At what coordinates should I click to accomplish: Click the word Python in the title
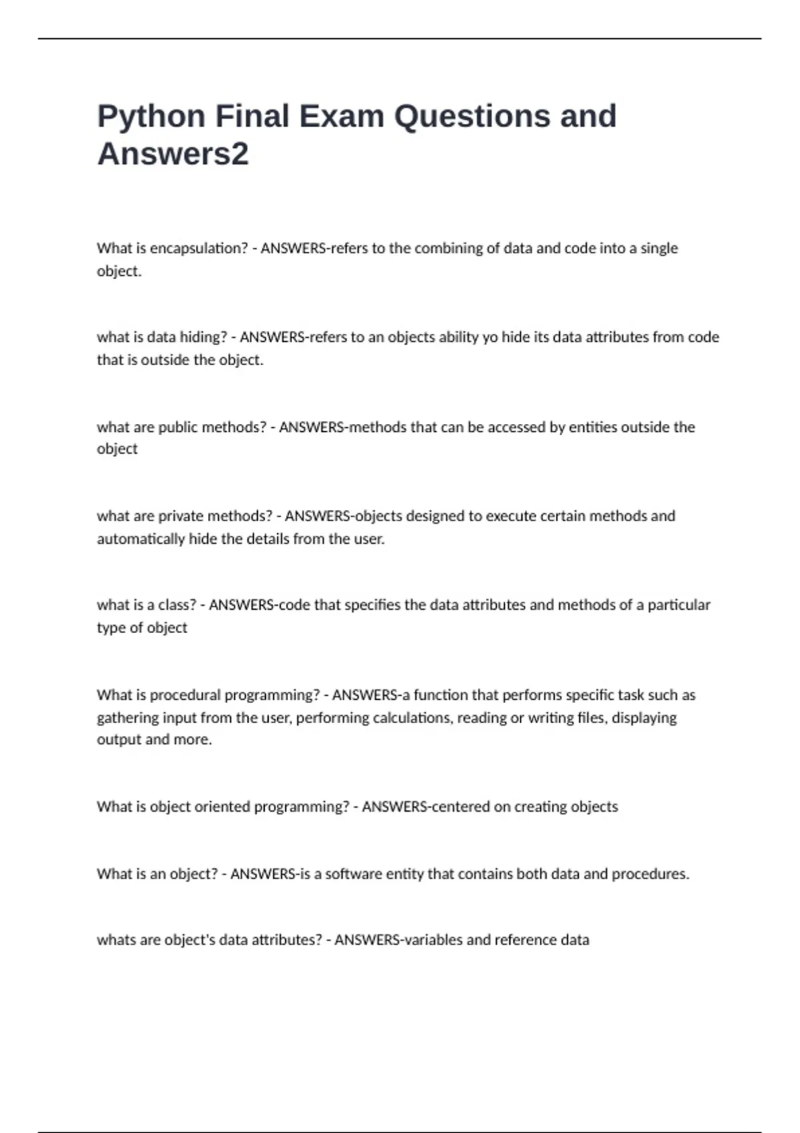tap(151, 117)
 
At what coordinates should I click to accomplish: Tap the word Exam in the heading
tap(341, 116)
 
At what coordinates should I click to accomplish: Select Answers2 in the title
tap(173, 154)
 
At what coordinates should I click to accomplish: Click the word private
tap(180, 516)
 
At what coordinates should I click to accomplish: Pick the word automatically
tap(141, 539)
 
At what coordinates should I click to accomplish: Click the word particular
tap(679, 605)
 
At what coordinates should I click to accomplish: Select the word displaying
tap(644, 718)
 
